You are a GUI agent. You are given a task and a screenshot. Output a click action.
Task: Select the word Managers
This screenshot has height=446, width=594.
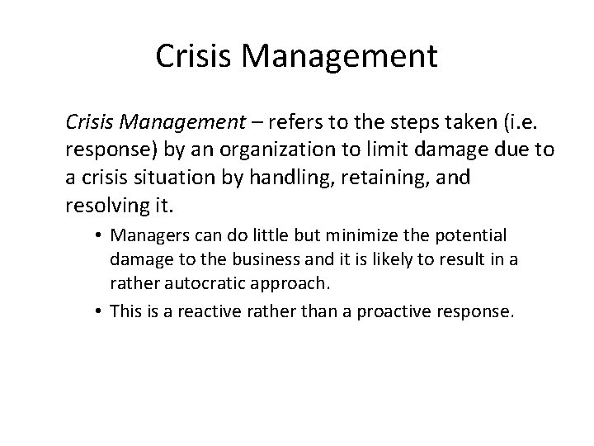pyautogui.click(x=143, y=235)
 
